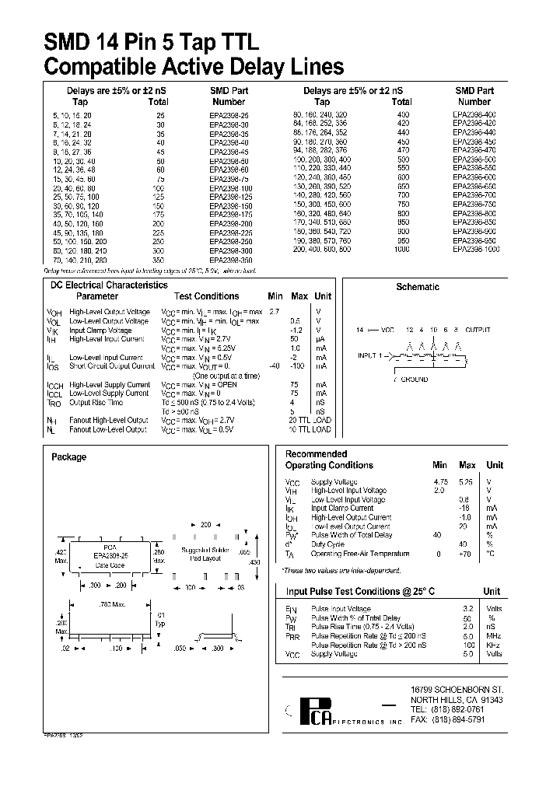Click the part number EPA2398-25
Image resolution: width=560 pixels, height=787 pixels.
tap(229, 114)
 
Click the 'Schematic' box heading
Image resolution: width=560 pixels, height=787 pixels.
tap(418, 287)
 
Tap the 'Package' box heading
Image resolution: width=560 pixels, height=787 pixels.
tap(68, 457)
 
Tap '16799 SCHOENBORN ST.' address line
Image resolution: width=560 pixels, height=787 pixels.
tap(457, 689)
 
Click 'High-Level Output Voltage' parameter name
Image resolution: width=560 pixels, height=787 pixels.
tap(108, 311)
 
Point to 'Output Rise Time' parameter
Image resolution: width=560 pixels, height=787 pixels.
tap(96, 402)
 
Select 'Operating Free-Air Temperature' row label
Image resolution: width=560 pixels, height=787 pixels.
tap(359, 554)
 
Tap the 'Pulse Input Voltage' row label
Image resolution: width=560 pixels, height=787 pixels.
tap(341, 609)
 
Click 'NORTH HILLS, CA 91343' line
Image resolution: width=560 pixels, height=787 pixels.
tap(457, 700)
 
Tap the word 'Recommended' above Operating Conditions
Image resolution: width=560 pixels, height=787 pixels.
tap(316, 454)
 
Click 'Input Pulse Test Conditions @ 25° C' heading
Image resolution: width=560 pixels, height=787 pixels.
tap(360, 592)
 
